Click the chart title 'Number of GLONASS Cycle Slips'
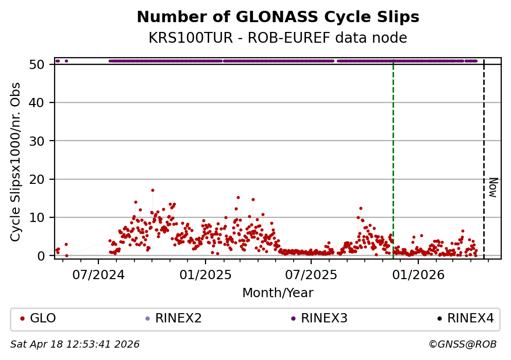tap(278, 18)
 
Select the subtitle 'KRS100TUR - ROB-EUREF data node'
tap(278, 38)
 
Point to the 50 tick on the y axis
tap(41, 65)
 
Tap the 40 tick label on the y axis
tap(41, 103)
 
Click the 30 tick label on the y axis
tap(41, 141)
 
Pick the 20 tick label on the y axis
tap(41, 179)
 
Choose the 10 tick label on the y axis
tap(41, 217)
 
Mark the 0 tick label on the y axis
tap(45, 256)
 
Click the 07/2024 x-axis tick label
tap(98, 275)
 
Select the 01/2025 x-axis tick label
tap(205, 275)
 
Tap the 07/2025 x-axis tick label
tap(311, 275)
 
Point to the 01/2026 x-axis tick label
tap(418, 275)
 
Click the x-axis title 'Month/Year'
tap(278, 293)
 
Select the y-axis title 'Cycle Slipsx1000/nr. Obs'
tap(16, 161)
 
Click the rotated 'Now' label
tap(492, 187)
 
